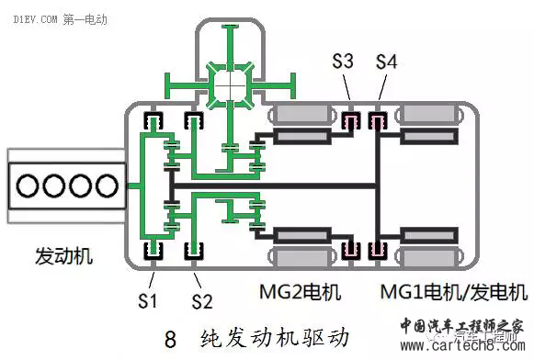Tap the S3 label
[x=343, y=62]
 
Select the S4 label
[x=388, y=62]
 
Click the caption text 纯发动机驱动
[x=274, y=336]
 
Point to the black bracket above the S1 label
[x=151, y=250]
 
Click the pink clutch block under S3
[x=350, y=120]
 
